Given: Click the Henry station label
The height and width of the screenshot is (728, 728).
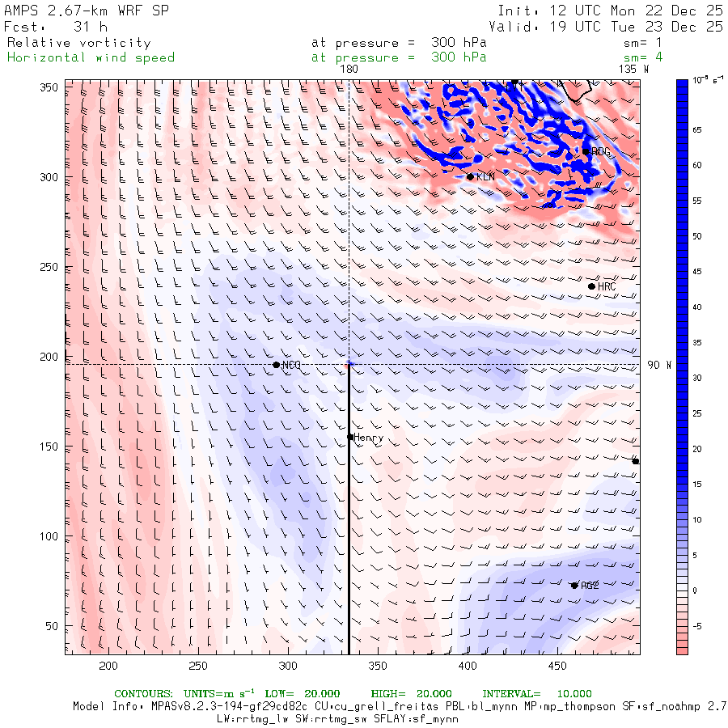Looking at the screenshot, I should click(x=368, y=438).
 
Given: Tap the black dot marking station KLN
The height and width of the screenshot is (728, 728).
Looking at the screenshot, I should click(x=470, y=176).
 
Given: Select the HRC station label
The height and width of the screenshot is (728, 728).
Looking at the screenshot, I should click(x=607, y=287).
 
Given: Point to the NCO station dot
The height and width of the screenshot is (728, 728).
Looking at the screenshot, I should click(x=276, y=365).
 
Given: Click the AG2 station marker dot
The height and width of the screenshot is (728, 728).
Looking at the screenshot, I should click(x=574, y=585).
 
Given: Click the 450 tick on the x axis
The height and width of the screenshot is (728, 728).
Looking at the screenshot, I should click(x=556, y=666).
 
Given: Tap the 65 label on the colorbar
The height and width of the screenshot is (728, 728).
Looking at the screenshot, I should click(x=696, y=129).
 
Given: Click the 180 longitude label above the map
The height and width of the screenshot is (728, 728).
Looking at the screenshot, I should click(x=349, y=70).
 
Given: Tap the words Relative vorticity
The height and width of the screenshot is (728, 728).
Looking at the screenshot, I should click(x=78, y=43).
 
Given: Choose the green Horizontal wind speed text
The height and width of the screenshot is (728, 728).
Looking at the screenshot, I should click(x=91, y=57).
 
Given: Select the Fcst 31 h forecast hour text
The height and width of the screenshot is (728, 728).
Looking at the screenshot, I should click(x=56, y=27).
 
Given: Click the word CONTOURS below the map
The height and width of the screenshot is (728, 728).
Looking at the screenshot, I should click(x=143, y=694).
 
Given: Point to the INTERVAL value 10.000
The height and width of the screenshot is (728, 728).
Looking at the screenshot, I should click(x=574, y=694).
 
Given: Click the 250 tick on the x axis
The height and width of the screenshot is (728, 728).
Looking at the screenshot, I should click(x=198, y=666).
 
